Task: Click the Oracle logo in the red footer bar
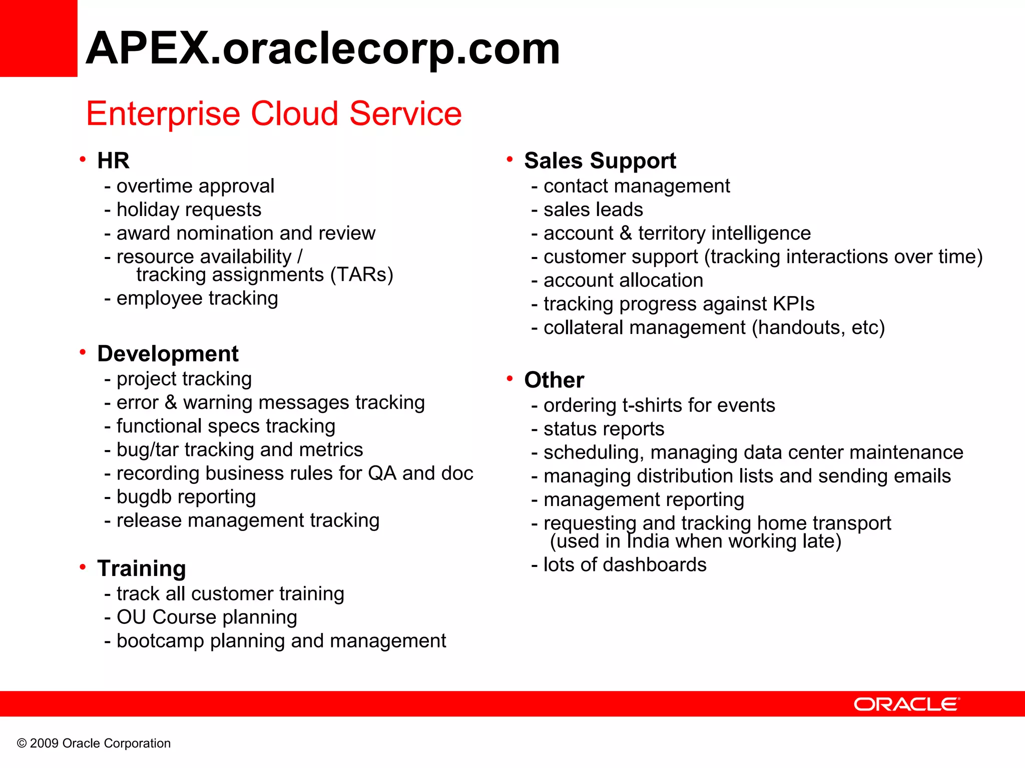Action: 906,704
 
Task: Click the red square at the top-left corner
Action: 38,38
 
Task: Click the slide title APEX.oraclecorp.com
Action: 322,48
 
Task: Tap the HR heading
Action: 113,161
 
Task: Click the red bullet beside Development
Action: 83,352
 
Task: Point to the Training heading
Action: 142,568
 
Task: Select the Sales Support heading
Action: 600,161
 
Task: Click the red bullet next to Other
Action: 509,378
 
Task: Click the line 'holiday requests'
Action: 189,209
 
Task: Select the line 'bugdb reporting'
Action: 186,497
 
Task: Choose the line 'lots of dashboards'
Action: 625,565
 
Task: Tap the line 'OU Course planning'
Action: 206,617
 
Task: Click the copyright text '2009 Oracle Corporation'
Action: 100,743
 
